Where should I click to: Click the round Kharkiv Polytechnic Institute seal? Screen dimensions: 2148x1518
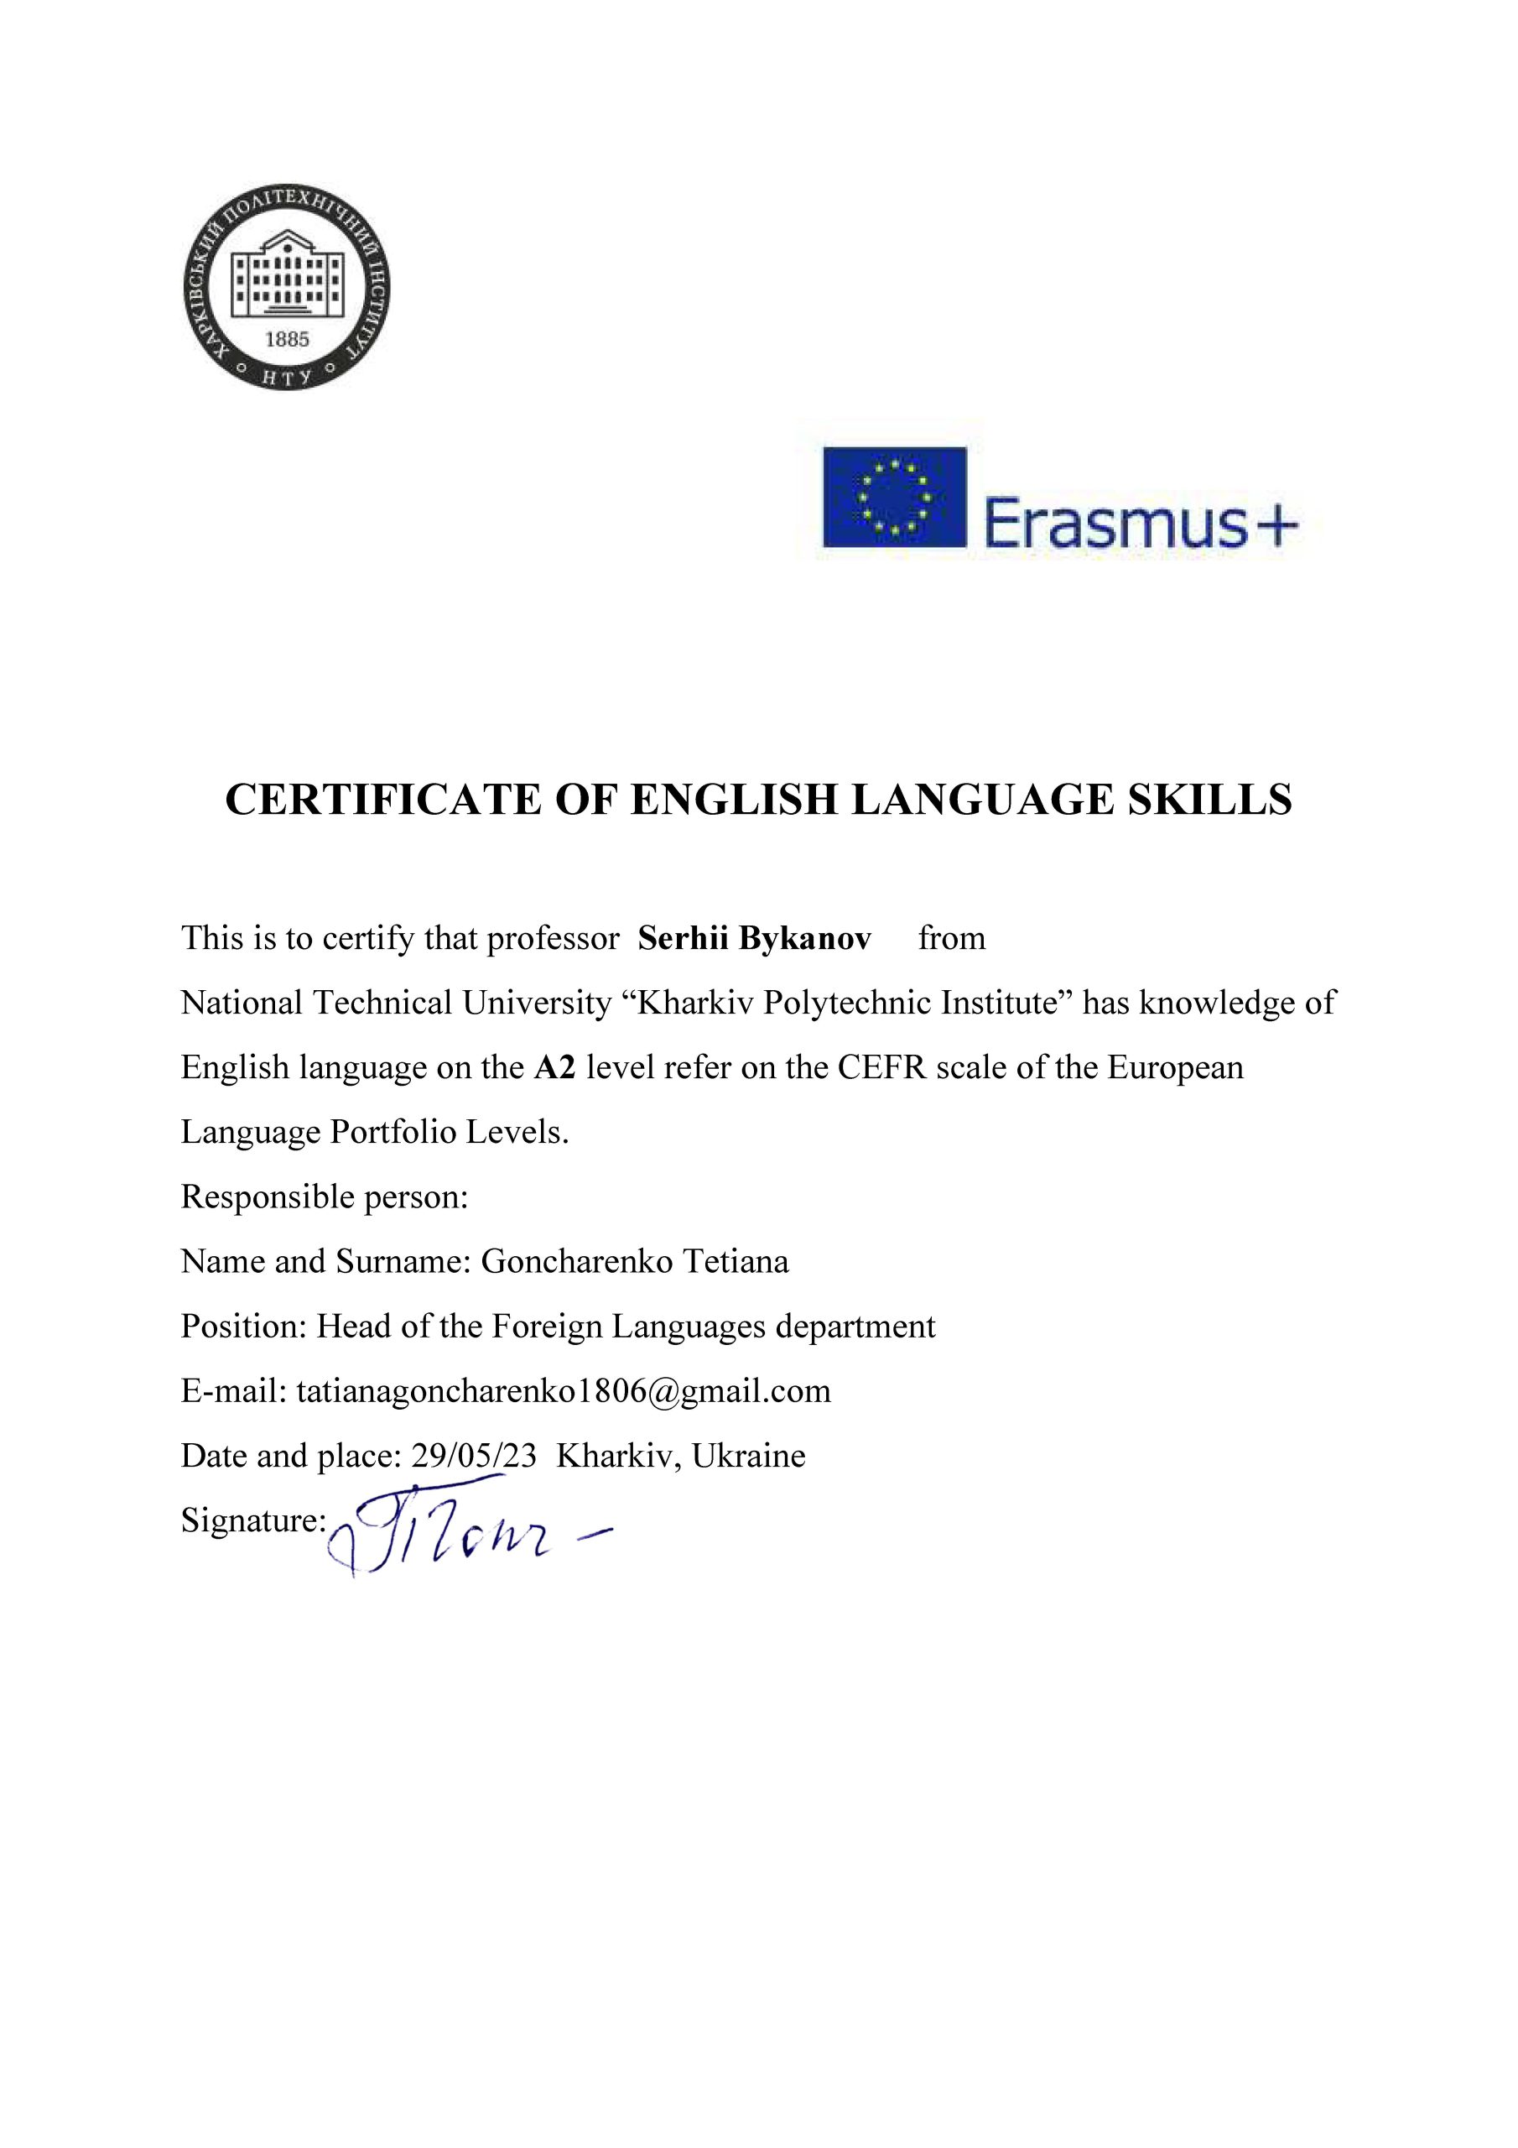286,286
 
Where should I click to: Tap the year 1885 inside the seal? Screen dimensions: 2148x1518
286,340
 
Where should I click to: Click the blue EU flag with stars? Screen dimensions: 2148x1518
893,497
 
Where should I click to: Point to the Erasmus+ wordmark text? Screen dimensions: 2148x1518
1139,524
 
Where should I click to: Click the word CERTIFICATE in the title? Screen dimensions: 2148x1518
383,800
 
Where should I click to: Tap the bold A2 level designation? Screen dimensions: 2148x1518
554,1067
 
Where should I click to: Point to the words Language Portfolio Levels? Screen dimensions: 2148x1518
374,1132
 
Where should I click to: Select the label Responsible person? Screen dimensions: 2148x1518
324,1197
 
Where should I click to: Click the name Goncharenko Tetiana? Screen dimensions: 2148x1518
634,1261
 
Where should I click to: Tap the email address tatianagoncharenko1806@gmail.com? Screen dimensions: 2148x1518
563,1391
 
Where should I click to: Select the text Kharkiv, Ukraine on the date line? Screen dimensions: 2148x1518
680,1456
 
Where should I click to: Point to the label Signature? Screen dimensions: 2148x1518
252,1520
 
